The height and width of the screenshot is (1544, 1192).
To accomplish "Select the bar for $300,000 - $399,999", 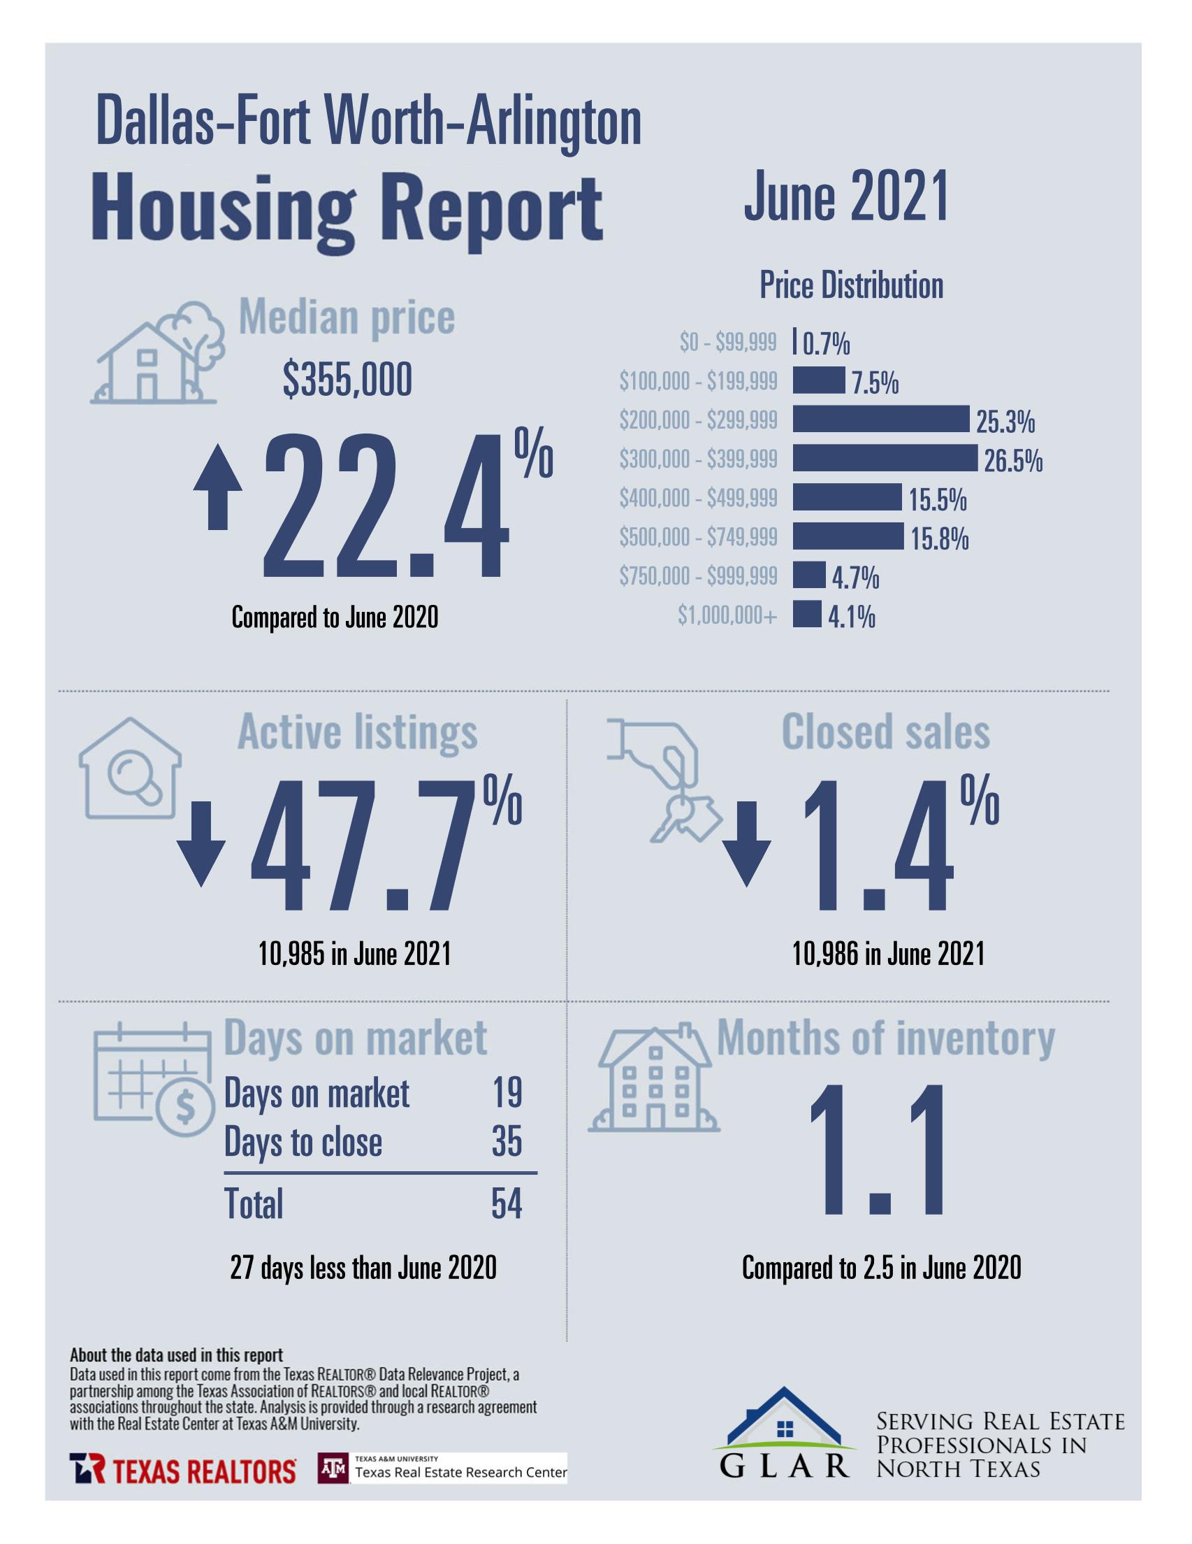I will click(884, 458).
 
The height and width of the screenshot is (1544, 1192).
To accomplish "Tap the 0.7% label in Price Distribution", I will click(826, 344).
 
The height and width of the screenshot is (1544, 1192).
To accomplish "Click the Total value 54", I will click(506, 1204).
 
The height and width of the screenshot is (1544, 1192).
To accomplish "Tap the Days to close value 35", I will click(507, 1142).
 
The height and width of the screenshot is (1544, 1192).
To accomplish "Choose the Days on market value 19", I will click(507, 1093).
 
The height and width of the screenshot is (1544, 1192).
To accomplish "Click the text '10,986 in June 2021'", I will click(888, 955).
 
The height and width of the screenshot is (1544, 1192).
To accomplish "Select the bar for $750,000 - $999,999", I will click(808, 575).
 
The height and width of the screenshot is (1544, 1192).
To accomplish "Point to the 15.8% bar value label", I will click(939, 540).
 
